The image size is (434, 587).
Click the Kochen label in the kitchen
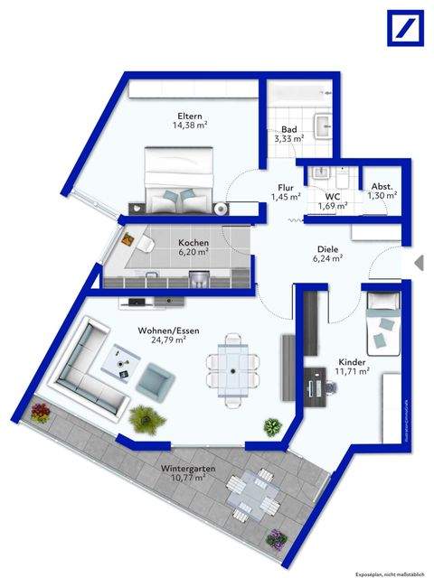(x=193, y=243)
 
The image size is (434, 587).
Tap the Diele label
(x=328, y=248)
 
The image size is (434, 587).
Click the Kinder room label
(x=352, y=359)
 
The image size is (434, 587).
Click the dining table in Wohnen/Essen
(x=233, y=365)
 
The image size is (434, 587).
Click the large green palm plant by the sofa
(x=142, y=418)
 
